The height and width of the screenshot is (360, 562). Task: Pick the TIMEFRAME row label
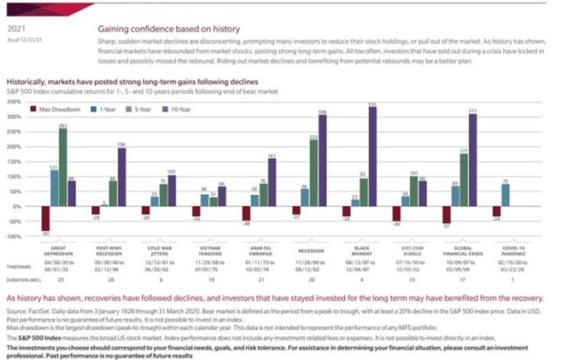tap(19, 263)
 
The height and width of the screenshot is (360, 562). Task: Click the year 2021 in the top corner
tap(14, 7)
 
